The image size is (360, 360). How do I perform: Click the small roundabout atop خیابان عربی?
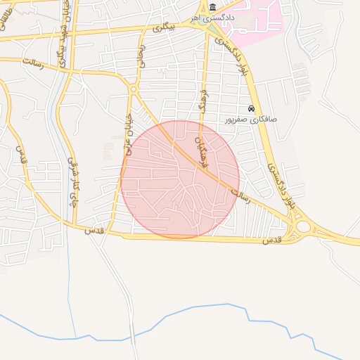click(132, 89)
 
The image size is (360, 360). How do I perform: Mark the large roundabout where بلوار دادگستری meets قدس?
click(304, 227)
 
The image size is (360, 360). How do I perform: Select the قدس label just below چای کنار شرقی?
click(93, 230)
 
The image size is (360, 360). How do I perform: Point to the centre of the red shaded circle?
click(180, 179)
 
